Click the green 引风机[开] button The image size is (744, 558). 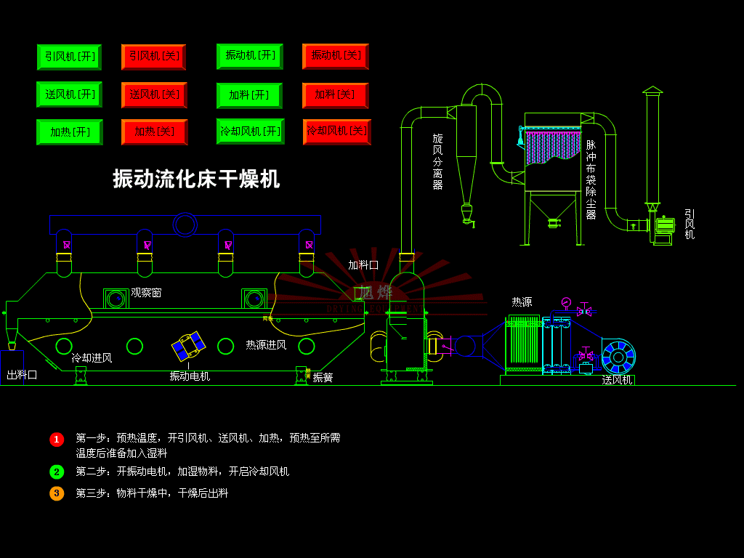click(69, 57)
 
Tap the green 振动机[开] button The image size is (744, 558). click(249, 56)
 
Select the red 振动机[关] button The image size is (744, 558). click(335, 56)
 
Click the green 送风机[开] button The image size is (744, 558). click(69, 94)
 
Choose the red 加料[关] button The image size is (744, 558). click(335, 95)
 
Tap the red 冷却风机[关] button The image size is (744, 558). click(336, 132)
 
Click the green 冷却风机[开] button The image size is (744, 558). click(250, 132)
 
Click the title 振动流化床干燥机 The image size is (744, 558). click(196, 178)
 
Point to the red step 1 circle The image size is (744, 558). click(57, 439)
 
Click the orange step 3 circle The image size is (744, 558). click(57, 493)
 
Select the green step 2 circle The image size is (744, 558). click(57, 472)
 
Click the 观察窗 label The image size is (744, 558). click(146, 293)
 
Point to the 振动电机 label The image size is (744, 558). click(190, 376)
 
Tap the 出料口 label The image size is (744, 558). click(22, 375)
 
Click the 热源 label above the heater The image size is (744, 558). click(522, 302)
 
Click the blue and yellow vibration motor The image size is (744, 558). click(189, 346)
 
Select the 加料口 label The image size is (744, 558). click(363, 265)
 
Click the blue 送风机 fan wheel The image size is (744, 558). click(618, 357)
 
